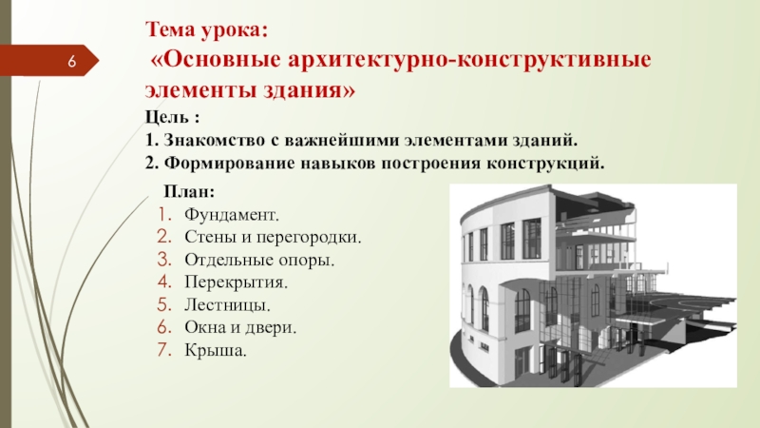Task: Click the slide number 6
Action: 72,62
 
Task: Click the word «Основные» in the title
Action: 222,60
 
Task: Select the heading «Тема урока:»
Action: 206,29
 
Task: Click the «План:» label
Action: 189,191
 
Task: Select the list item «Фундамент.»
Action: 232,215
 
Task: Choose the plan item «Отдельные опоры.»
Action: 259,260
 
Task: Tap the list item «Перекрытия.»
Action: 236,282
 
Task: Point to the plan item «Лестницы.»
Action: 227,304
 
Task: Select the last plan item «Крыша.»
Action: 216,350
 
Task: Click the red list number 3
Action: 164,260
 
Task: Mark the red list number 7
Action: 164,350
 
